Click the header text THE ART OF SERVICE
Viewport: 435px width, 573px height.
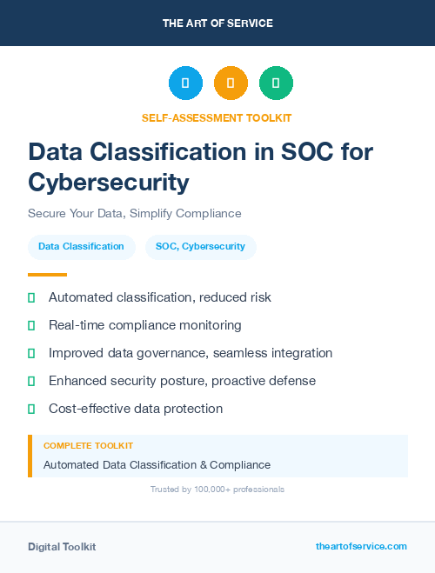click(x=217, y=23)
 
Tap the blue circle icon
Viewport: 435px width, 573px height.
click(x=185, y=83)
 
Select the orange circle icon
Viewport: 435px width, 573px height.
click(x=231, y=83)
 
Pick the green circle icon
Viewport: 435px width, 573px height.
click(x=276, y=83)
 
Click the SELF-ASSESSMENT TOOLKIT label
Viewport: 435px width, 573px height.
click(x=217, y=117)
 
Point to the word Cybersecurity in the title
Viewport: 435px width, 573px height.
click(x=109, y=183)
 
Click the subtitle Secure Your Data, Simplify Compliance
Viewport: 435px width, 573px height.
click(x=135, y=213)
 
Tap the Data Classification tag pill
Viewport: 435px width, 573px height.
click(x=82, y=247)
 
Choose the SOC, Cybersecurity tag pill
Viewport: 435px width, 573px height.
click(x=200, y=247)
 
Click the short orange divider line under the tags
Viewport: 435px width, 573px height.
click(x=47, y=274)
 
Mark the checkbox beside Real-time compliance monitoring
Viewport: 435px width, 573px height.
click(x=31, y=325)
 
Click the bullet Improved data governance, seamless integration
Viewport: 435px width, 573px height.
click(x=191, y=353)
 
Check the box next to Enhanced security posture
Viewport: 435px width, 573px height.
click(x=31, y=381)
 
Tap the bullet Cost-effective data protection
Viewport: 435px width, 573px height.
click(x=136, y=409)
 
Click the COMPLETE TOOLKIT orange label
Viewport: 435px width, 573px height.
click(x=88, y=445)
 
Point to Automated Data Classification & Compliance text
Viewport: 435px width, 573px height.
click(x=157, y=464)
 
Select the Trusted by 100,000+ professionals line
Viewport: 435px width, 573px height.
click(x=217, y=490)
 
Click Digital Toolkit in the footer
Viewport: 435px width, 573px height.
click(x=62, y=546)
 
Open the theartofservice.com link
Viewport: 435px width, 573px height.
click(x=361, y=546)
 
